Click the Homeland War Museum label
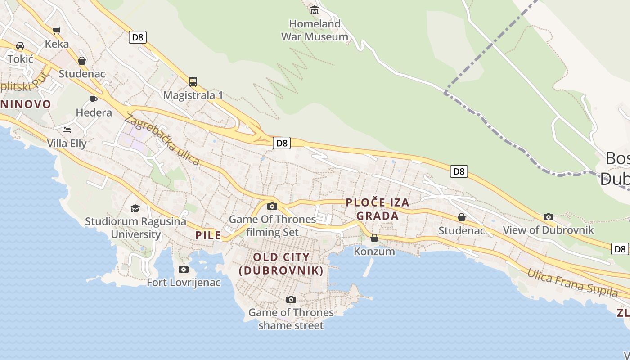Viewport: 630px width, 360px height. (x=315, y=30)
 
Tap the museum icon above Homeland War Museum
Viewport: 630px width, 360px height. (x=315, y=10)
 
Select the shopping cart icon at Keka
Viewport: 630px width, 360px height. (x=56, y=31)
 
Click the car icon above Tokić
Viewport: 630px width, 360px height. (x=20, y=46)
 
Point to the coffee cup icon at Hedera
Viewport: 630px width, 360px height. (x=94, y=99)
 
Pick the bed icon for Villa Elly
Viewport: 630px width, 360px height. (x=67, y=130)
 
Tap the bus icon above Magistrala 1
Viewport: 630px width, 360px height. (x=193, y=81)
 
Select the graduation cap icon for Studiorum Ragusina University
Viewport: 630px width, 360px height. (x=135, y=208)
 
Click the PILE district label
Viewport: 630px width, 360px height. (x=208, y=235)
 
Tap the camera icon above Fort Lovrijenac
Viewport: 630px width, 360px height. (x=184, y=269)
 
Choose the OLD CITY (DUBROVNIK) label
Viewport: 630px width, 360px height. (x=281, y=264)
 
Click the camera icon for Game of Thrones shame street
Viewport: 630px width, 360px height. (x=291, y=299)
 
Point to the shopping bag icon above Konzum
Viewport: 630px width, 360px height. (x=374, y=238)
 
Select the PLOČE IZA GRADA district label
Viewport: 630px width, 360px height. (x=378, y=209)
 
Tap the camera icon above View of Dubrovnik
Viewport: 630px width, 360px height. (x=548, y=217)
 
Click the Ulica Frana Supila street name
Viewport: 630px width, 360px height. (x=572, y=283)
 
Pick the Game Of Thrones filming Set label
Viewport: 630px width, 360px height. (x=273, y=225)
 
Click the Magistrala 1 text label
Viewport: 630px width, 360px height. (x=193, y=95)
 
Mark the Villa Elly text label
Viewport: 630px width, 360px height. (x=67, y=144)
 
